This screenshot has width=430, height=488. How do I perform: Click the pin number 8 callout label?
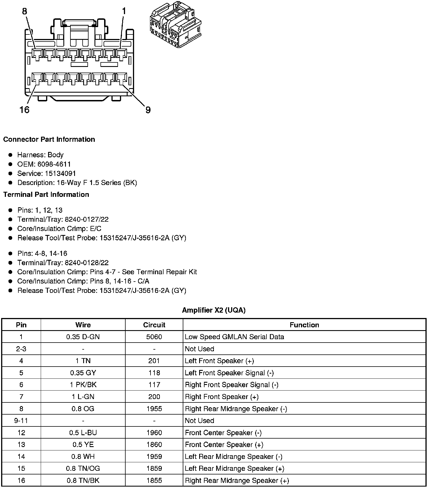point(25,11)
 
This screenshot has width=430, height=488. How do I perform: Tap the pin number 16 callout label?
point(25,110)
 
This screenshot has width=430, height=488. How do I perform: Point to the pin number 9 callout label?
point(148,110)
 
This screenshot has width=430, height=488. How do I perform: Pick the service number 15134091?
point(60,173)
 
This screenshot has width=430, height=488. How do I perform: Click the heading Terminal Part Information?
point(46,195)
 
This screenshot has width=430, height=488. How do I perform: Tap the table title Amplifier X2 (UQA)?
point(214,310)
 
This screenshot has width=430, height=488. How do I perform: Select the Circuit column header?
point(154,325)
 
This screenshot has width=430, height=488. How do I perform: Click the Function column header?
point(304,325)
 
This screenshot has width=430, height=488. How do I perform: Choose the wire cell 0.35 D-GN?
point(83,337)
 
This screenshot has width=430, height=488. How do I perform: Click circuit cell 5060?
point(154,337)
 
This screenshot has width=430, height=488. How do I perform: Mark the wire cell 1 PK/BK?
point(83,385)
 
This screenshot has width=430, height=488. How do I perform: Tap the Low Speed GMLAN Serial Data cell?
point(234,337)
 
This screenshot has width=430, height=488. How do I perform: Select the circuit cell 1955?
point(154,409)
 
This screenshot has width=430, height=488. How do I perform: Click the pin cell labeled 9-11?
point(21,421)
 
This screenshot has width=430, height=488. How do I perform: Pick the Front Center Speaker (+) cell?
point(224,445)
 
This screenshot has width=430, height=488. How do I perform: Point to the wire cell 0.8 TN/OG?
point(83,469)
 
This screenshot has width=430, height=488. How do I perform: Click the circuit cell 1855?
point(154,481)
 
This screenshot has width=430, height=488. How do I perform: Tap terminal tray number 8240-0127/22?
point(87,219)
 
